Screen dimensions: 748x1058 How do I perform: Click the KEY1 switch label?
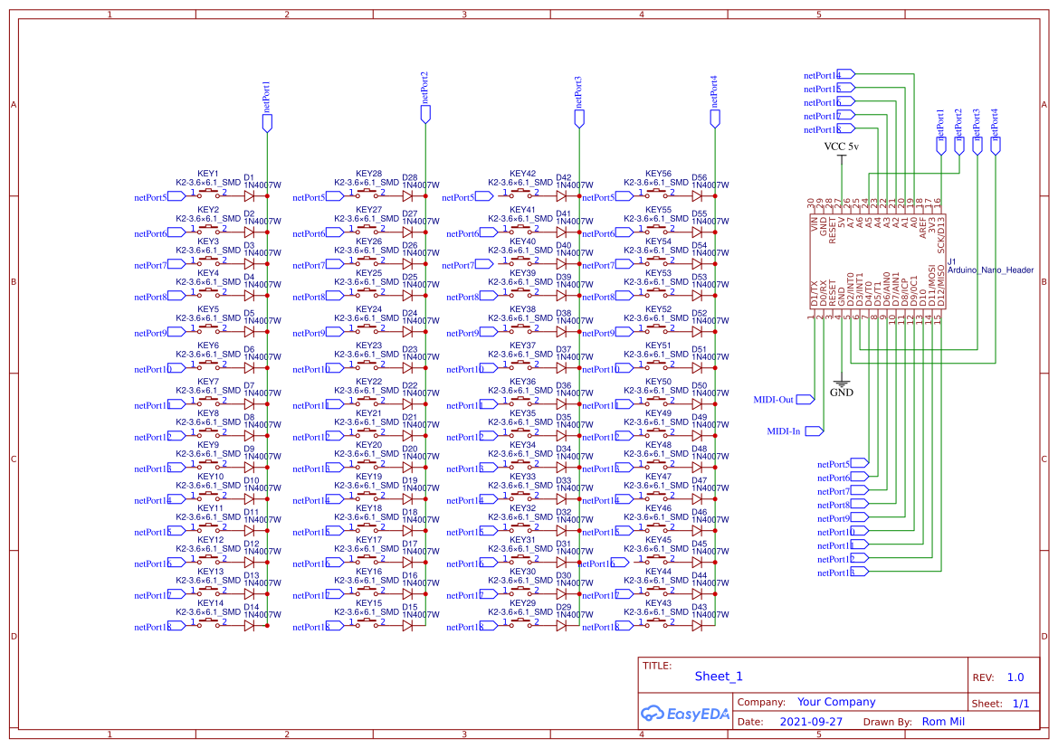pos(208,174)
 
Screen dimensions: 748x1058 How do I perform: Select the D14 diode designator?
pos(251,607)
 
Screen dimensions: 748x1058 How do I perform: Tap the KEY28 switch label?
pos(368,174)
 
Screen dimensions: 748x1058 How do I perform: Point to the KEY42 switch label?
pos(522,174)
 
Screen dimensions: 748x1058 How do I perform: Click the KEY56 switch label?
pos(658,174)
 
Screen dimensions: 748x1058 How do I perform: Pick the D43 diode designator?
pos(699,607)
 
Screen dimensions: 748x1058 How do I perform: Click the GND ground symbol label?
pos(842,393)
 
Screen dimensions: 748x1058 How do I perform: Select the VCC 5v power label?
pos(842,146)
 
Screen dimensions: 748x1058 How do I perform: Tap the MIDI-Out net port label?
pos(773,399)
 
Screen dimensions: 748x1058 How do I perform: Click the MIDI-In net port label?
pos(783,431)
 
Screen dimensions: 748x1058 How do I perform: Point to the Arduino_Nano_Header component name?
pos(990,270)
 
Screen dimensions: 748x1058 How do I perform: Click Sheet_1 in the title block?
pos(719,677)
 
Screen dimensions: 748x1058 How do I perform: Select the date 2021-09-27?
pos(810,722)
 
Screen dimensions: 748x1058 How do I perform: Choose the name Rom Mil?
pos(943,722)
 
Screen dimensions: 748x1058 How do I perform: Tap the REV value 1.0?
pos(1015,677)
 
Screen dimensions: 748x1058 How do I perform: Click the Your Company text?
pos(836,702)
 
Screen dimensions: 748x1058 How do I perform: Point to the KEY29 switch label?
pos(522,602)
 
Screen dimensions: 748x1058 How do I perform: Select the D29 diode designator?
pos(563,607)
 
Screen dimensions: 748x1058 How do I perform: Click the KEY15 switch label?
pos(368,602)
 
